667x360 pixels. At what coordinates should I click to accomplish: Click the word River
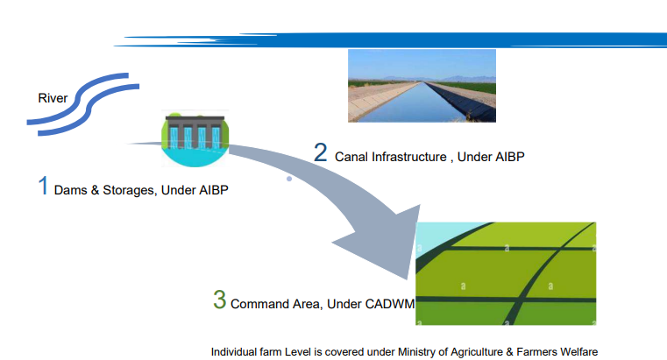tap(53, 97)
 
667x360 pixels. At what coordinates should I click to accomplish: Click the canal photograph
tap(421, 85)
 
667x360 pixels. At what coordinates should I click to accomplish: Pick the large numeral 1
tap(42, 186)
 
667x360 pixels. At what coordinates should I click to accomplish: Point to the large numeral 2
tap(321, 152)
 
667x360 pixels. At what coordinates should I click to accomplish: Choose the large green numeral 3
tap(219, 300)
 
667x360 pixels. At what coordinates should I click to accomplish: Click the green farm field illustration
tap(506, 274)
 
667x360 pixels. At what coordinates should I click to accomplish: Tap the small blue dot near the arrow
tap(289, 179)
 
